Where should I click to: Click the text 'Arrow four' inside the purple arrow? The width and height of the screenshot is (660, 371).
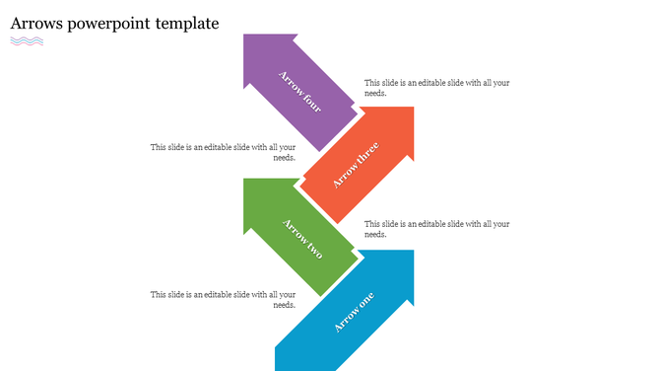click(x=300, y=92)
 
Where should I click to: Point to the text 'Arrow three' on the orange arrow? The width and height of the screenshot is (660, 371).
click(x=355, y=165)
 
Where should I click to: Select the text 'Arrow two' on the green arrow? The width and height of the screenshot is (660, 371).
click(x=302, y=238)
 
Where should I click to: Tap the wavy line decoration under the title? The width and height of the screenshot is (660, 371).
click(x=27, y=41)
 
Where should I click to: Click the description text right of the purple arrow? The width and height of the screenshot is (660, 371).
click(x=436, y=88)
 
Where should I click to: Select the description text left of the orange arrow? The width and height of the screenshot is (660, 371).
click(x=223, y=152)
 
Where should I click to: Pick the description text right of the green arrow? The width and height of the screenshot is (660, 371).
click(x=436, y=229)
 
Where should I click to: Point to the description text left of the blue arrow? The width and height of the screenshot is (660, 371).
click(x=223, y=299)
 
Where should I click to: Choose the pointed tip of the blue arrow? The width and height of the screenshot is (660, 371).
click(x=411, y=254)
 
